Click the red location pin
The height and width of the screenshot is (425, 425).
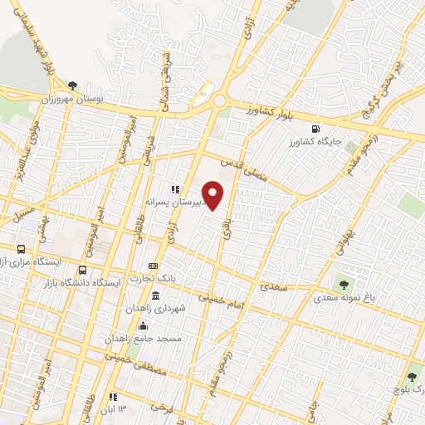(x=214, y=195)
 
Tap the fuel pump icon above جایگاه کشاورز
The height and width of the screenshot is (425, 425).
(x=314, y=129)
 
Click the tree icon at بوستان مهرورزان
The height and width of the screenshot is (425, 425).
(x=73, y=85)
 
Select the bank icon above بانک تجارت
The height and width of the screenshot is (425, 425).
(x=154, y=263)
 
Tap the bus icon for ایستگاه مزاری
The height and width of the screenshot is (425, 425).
(x=21, y=249)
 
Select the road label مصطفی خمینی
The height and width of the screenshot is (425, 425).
(x=137, y=365)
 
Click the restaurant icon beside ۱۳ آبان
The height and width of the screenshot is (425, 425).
(x=113, y=397)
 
